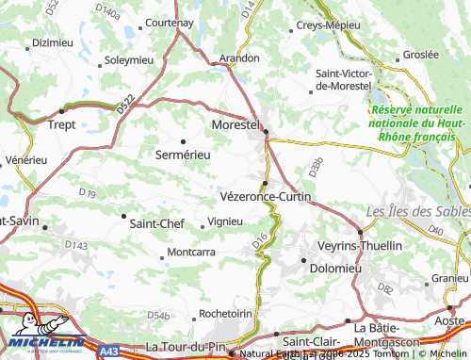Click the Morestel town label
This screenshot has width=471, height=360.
(234, 124)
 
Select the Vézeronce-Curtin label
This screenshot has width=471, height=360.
(265, 196)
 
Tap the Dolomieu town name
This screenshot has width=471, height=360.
(336, 268)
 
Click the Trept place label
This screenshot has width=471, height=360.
(61, 123)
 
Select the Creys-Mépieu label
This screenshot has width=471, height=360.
(329, 25)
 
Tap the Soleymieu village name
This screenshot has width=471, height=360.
(128, 59)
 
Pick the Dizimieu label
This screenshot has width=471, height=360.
(52, 42)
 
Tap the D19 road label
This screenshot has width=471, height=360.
(88, 193)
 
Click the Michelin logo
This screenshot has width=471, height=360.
(40, 344)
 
